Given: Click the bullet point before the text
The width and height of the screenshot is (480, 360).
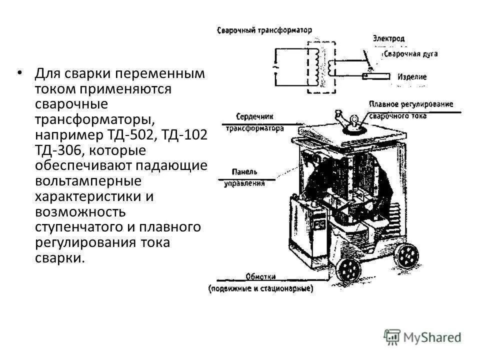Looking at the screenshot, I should (19, 73).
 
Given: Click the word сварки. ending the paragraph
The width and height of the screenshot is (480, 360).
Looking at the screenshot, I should (58, 258).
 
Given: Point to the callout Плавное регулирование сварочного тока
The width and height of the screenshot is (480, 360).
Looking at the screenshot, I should (410, 109).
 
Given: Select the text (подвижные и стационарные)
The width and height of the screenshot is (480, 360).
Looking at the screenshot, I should (260, 289).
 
